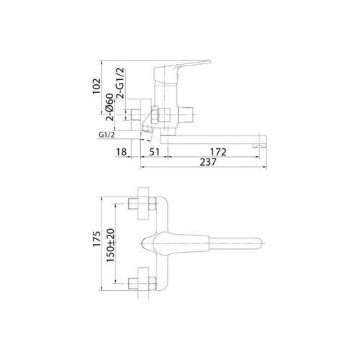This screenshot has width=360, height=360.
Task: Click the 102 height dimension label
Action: tap(96, 86)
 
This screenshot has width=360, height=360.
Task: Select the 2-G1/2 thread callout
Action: tap(120, 83)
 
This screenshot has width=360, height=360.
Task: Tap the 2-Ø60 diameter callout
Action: tap(109, 107)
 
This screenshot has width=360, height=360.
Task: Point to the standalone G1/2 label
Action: tap(107, 135)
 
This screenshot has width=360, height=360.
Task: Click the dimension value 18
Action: tap(121, 152)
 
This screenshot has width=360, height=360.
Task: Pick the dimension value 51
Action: tap(154, 152)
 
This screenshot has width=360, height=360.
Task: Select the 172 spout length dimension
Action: tap(218, 152)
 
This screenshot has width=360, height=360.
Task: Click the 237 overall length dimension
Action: tap(208, 162)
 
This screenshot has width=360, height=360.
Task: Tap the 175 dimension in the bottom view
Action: tap(96, 239)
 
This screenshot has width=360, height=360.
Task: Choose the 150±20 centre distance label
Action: tap(111, 246)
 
